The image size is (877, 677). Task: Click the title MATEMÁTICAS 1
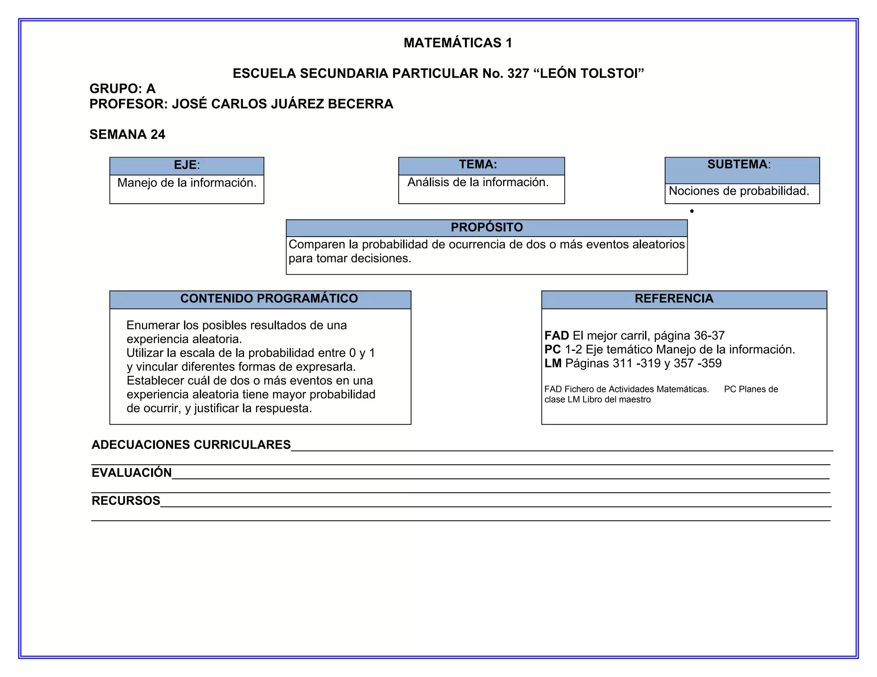click(x=457, y=43)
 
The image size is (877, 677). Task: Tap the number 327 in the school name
click(x=518, y=74)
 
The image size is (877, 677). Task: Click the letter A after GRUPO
click(x=151, y=89)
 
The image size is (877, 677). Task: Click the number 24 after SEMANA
click(x=158, y=134)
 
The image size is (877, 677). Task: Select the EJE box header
click(x=187, y=165)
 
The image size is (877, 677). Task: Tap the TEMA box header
click(x=478, y=165)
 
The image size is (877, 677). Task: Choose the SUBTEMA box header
click(x=739, y=165)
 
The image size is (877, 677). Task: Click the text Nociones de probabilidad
click(x=739, y=191)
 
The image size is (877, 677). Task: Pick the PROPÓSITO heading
click(x=486, y=227)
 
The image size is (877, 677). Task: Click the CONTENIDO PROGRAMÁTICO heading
click(x=269, y=299)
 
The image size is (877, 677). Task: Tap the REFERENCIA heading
click(x=674, y=299)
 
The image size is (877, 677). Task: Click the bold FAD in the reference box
click(x=556, y=336)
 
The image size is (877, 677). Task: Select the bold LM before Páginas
click(x=552, y=363)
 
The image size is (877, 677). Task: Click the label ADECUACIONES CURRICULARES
click(x=191, y=445)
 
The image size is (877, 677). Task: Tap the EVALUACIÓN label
click(x=131, y=473)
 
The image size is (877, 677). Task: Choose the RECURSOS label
click(x=126, y=501)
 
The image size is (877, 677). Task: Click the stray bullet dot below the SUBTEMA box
click(x=692, y=211)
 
